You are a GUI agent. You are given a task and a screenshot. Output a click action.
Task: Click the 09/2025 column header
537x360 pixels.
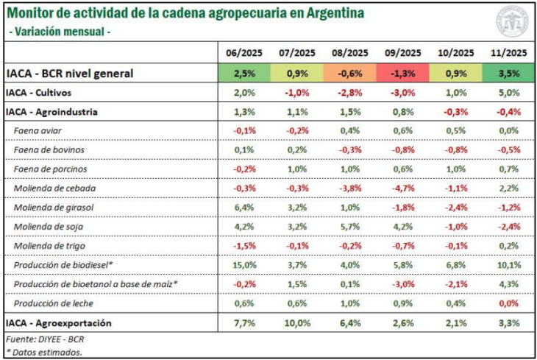pos(402,52)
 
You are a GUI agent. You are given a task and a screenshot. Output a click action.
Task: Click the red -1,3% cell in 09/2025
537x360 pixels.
pos(402,73)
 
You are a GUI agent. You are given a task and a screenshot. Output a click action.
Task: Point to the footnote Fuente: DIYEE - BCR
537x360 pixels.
pos(44,339)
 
